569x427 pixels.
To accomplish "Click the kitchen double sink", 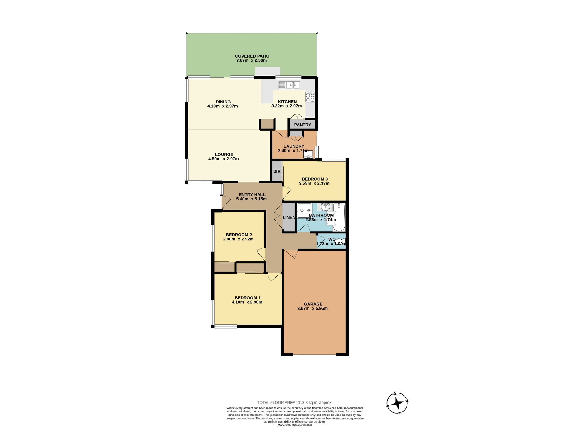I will tap(289, 85).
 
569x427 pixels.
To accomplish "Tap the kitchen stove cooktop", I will tap(310, 97).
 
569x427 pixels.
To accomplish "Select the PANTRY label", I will tap(302, 125).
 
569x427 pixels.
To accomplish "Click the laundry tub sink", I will tap(308, 154).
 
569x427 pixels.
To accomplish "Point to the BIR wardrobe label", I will tap(277, 171).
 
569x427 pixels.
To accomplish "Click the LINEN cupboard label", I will tap(289, 217).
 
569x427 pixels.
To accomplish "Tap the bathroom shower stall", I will tap(304, 211).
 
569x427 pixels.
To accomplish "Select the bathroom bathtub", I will tap(339, 217).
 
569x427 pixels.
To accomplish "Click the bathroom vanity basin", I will tap(325, 207).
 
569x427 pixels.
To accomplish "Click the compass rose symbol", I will tap(397, 403).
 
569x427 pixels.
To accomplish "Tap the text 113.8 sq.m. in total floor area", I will tap(315, 402).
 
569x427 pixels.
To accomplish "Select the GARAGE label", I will tap(313, 304).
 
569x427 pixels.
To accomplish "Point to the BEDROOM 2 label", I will tap(239, 235).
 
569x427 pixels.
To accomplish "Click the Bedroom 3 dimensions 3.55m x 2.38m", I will tap(314, 183).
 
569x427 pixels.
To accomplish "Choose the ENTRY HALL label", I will tap(252, 195).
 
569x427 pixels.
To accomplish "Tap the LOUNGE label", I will tap(224, 154).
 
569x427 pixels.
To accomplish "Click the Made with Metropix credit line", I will tap(295, 425).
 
